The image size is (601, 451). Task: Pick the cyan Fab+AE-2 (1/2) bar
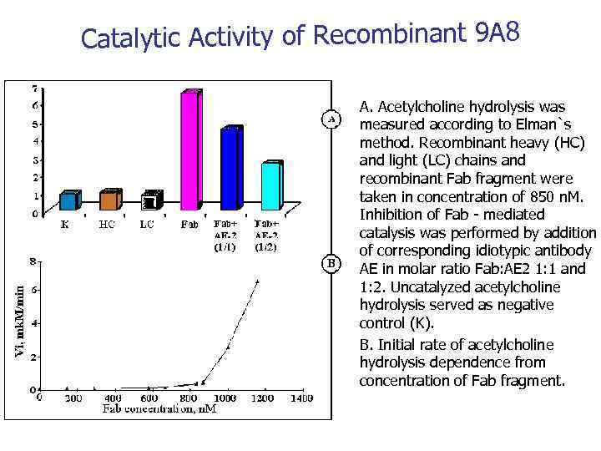(x=270, y=186)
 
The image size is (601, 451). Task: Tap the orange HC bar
(x=109, y=200)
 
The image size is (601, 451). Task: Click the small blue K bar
(x=68, y=200)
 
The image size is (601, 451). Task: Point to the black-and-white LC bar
(x=150, y=201)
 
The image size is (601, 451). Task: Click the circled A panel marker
(x=331, y=119)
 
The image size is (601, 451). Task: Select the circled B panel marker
(x=331, y=264)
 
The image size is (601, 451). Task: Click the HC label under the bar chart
(x=107, y=224)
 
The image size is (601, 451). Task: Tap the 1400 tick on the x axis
(x=302, y=398)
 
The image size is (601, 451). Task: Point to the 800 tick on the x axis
(x=186, y=398)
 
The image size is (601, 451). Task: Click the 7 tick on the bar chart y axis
(x=33, y=88)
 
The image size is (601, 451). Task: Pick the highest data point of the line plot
(x=257, y=281)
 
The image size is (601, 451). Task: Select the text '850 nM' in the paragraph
(x=553, y=197)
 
